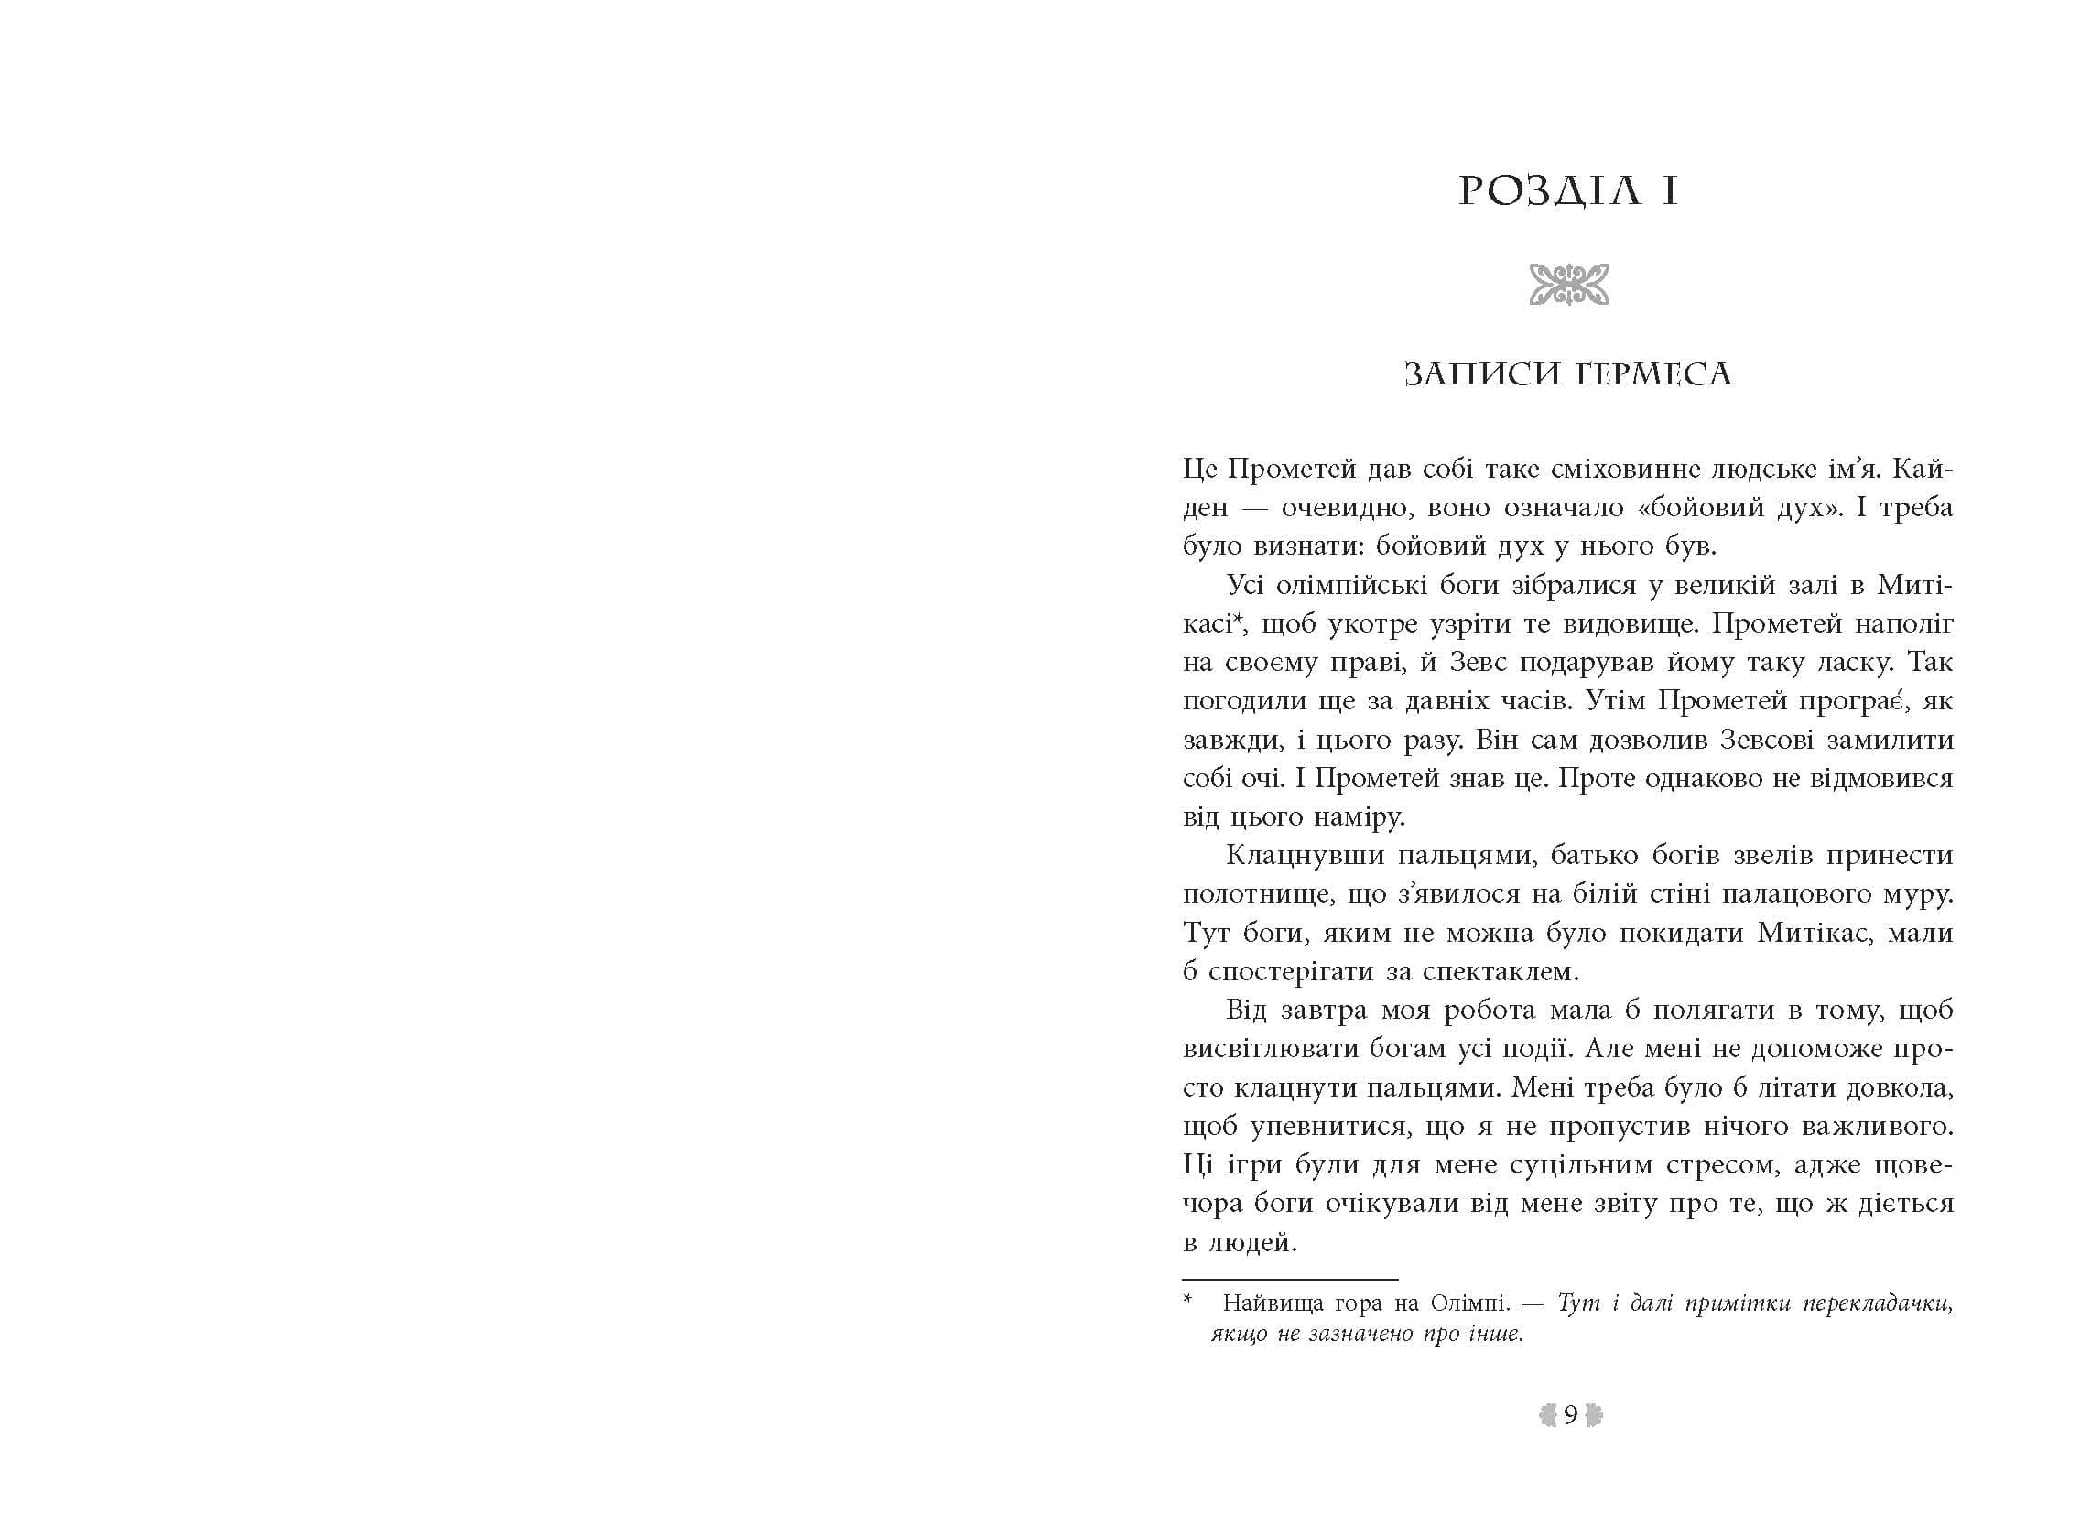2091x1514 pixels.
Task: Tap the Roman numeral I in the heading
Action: [x=1669, y=193]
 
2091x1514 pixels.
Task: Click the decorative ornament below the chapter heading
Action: [x=1568, y=284]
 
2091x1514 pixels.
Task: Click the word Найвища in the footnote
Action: [x=1264, y=1303]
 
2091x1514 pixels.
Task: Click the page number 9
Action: [x=1570, y=1415]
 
